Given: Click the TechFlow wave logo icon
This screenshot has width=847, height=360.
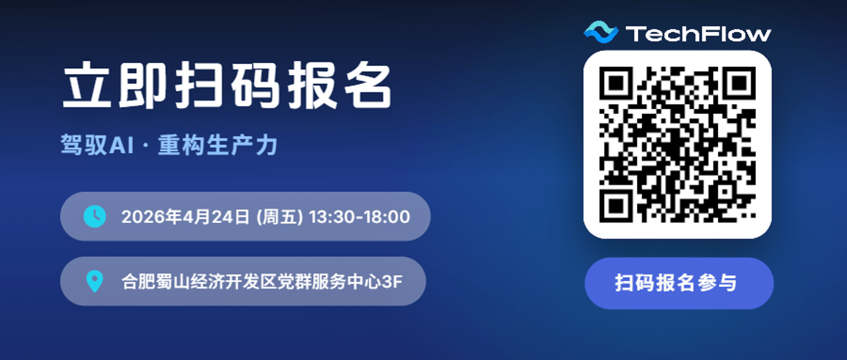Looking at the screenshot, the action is (601, 32).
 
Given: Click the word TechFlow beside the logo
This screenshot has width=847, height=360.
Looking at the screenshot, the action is (698, 34).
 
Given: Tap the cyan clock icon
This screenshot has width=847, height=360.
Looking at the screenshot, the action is (95, 217).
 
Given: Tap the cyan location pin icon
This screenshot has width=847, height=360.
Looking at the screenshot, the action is (95, 281).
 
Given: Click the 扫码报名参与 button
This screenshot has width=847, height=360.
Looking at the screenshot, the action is (679, 283).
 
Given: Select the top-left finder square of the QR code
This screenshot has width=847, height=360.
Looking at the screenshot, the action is (616, 83).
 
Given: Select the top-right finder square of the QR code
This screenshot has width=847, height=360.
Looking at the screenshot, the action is (739, 83).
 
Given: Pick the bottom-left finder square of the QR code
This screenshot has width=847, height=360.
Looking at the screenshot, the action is (616, 206).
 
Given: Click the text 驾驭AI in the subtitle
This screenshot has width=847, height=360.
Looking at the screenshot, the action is (97, 145).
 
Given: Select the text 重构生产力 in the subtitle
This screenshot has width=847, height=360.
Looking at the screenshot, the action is (218, 145).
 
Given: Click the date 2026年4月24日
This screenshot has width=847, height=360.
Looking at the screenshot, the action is (185, 217).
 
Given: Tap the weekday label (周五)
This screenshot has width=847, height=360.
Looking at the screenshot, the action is (280, 217).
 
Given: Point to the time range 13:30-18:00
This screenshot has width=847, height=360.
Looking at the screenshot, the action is (359, 217).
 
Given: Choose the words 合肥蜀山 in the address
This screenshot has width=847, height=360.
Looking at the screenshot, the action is (156, 282).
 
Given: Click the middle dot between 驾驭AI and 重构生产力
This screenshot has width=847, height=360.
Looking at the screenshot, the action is (146, 145).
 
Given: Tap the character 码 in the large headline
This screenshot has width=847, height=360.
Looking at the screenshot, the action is (255, 85).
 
